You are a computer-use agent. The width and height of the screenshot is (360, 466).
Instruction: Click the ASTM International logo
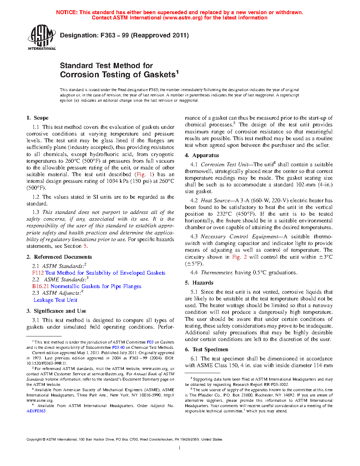coord(41,37)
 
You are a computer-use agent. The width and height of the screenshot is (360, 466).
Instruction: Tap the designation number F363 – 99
coord(114,35)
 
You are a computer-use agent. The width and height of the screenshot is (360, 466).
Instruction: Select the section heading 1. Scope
coord(37,118)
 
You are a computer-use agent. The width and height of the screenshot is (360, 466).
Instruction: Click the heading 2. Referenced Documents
coord(59,257)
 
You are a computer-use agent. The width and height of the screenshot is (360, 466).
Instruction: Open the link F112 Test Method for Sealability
coord(98,273)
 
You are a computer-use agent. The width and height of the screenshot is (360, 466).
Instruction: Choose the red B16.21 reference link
coord(41,286)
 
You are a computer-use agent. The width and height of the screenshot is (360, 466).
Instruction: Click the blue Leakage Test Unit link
coord(55,300)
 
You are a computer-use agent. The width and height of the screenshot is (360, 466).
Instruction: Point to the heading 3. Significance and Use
coord(56,311)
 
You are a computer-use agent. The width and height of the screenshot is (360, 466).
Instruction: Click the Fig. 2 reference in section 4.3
coord(239,257)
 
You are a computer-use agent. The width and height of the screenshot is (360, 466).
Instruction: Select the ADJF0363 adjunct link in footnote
coord(36,411)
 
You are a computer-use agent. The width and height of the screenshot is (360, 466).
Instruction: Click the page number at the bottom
coord(180,448)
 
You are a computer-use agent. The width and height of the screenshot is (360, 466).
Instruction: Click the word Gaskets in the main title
coord(160,75)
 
